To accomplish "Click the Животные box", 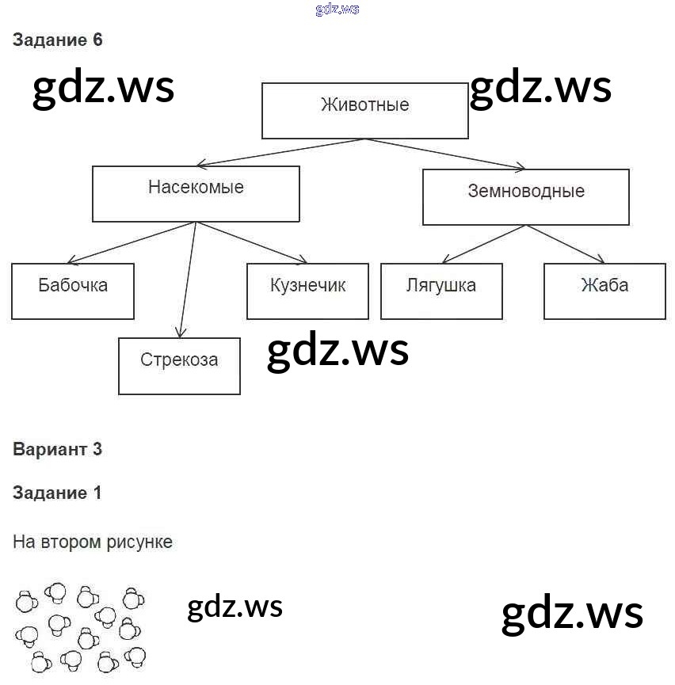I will (x=365, y=110).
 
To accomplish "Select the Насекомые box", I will (x=196, y=193).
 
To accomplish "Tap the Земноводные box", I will (x=525, y=196).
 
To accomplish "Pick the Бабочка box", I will (x=73, y=291).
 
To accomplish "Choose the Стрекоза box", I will (x=179, y=365).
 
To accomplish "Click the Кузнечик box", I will (x=307, y=291).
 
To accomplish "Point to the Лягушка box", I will (x=441, y=291).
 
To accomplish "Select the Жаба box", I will (x=604, y=291).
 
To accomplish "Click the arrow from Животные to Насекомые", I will (x=281, y=152).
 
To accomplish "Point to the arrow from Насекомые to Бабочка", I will (x=132, y=242).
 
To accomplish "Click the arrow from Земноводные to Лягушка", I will (x=483, y=244).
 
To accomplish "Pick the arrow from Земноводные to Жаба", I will (x=566, y=244).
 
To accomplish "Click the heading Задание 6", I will (x=58, y=40).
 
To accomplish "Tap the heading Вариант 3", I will (x=58, y=449).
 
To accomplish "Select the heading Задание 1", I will (x=58, y=493).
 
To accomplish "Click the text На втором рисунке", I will (x=93, y=542).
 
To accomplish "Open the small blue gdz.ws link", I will (x=337, y=9).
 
